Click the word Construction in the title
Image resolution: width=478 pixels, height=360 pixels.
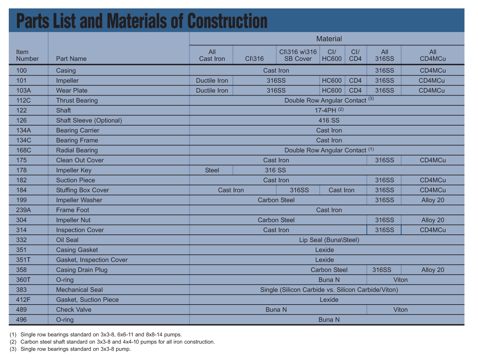227,21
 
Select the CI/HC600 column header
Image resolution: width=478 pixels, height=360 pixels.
332,55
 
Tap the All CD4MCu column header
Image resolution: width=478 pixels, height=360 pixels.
432,55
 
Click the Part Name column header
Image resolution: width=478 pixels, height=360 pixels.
71,59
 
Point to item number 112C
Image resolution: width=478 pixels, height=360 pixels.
23,100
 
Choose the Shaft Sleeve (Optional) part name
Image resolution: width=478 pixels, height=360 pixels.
89,120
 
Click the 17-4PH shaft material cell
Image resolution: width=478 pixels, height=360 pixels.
329,110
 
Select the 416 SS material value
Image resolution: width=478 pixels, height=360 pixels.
329,120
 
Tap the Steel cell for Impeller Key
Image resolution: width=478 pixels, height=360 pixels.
212,170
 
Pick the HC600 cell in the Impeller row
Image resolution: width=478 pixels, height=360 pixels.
332,81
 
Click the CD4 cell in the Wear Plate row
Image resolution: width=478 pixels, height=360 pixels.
355,90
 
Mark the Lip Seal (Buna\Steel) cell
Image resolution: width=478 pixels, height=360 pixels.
329,240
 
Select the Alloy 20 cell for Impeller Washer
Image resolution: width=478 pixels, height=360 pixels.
432,200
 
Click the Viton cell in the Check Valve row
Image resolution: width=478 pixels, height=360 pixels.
400,310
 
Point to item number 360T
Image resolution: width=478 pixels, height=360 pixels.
23,280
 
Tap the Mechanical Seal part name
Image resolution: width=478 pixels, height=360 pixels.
79,290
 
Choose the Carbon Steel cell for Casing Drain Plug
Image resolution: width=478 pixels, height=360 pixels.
329,270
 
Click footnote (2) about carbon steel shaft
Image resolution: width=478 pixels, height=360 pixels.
112,342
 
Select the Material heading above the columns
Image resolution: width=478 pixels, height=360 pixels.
329,39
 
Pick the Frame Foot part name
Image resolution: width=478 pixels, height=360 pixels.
73,210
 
